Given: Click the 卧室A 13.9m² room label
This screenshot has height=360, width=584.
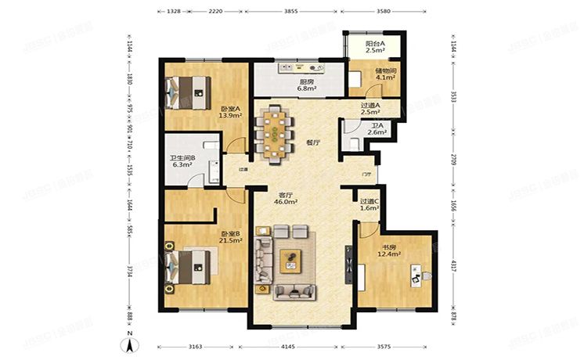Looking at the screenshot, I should coord(229,112).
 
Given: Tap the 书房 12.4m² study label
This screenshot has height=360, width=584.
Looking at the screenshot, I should coord(390,250).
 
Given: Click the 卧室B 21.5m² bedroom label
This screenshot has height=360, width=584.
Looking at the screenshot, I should coord(229,236).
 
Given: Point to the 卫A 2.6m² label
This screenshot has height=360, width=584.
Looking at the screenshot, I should coord(377,130).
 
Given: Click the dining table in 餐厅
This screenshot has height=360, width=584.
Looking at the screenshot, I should coord(277,133).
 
